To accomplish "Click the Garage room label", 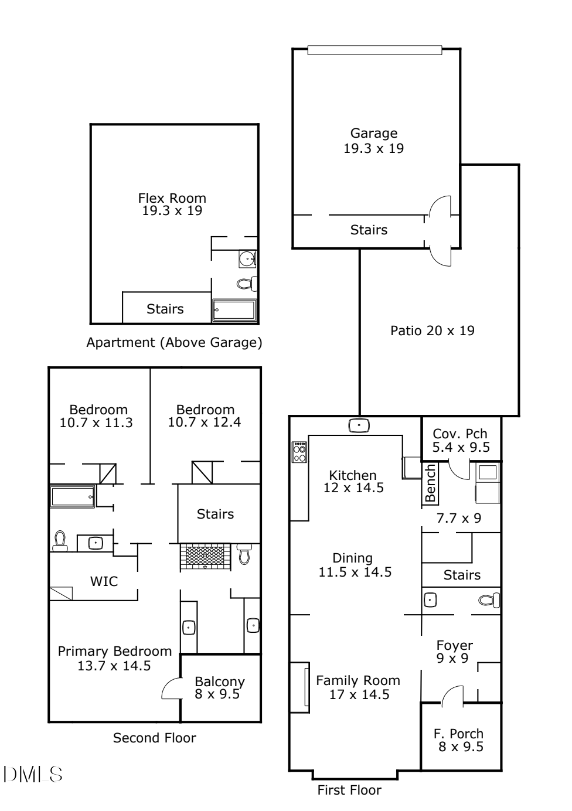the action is [x=373, y=133].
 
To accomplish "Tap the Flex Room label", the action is [x=172, y=198].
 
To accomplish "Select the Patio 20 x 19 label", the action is [x=433, y=330].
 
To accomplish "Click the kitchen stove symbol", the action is [x=299, y=452].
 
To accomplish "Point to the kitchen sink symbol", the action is [x=359, y=425].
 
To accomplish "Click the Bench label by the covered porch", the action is [x=430, y=483].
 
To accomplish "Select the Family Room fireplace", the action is [x=299, y=687].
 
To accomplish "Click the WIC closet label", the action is [x=104, y=581].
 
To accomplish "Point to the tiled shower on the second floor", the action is [x=205, y=557].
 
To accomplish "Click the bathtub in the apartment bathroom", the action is [x=234, y=311].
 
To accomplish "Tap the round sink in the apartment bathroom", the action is [x=248, y=259].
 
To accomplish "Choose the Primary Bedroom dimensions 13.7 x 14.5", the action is [x=114, y=666].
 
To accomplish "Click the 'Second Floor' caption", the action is [x=155, y=738].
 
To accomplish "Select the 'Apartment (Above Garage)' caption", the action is [x=174, y=342].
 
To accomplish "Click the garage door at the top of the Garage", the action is [x=374, y=50].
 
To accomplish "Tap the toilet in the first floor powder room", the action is [x=489, y=600].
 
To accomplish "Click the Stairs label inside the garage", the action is [x=369, y=230].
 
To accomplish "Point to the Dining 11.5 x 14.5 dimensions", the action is [x=355, y=572].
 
